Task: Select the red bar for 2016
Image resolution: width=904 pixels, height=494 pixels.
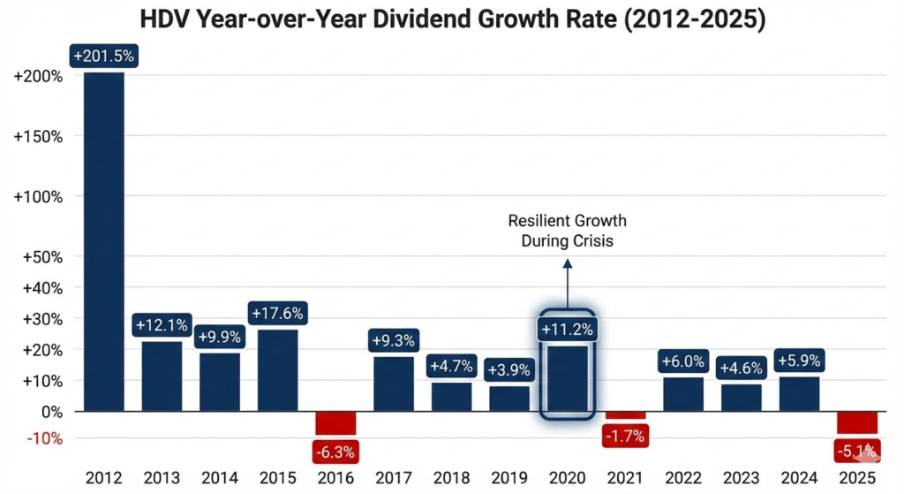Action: pyautogui.click(x=336, y=422)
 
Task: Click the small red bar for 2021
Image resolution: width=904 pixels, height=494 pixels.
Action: pyautogui.click(x=626, y=415)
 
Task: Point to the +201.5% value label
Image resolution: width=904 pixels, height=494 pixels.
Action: pyautogui.click(x=104, y=56)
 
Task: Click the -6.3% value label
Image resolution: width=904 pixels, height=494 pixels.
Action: pyautogui.click(x=336, y=452)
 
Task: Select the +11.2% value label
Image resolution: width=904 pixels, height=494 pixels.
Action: pyautogui.click(x=568, y=330)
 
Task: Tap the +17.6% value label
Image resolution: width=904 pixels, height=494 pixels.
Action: pyautogui.click(x=278, y=313)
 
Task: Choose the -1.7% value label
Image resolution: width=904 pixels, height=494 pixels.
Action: pyautogui.click(x=626, y=436)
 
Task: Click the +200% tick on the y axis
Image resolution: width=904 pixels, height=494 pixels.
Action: pyautogui.click(x=39, y=76)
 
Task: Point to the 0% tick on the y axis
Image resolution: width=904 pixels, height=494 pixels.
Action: pyautogui.click(x=50, y=412)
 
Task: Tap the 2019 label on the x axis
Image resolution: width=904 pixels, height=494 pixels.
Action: pyautogui.click(x=509, y=478)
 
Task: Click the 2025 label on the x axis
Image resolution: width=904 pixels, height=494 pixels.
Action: pyautogui.click(x=857, y=478)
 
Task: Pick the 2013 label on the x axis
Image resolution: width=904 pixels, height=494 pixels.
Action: pyautogui.click(x=162, y=478)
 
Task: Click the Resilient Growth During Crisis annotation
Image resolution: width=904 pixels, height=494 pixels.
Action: pyautogui.click(x=568, y=230)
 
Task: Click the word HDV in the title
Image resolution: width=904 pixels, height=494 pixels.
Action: pyautogui.click(x=167, y=19)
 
